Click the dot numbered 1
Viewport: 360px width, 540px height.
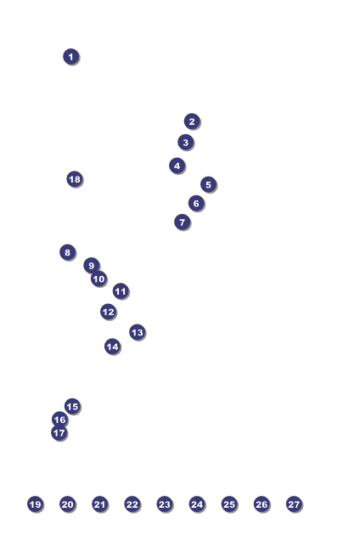(71, 57)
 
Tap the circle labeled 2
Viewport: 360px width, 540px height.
(192, 121)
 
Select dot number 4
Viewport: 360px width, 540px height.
(177, 166)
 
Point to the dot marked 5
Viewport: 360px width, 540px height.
(208, 184)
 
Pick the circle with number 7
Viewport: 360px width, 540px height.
(183, 222)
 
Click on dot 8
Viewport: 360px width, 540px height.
(68, 252)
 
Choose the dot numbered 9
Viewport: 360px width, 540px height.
(92, 266)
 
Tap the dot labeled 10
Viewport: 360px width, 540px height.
(98, 278)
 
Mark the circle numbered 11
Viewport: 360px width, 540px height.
(121, 291)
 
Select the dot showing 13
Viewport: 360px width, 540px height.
(137, 332)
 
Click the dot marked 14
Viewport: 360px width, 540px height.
(112, 346)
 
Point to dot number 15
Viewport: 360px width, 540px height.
(72, 407)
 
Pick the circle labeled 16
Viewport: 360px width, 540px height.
(60, 419)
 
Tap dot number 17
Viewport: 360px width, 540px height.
(59, 432)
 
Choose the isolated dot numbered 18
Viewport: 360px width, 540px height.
(75, 179)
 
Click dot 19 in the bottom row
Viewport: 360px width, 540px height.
(35, 504)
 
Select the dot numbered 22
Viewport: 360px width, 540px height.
(132, 504)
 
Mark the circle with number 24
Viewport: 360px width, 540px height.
(197, 504)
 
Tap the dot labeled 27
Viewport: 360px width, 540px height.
(294, 504)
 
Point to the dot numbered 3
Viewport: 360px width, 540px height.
(186, 143)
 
